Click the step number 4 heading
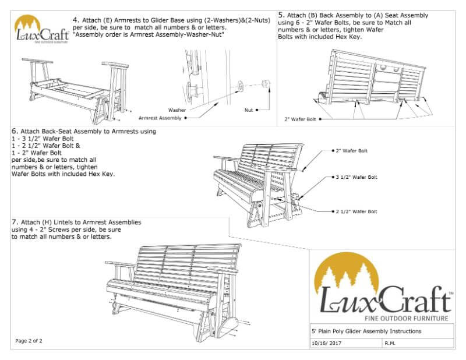76,20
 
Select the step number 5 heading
282,14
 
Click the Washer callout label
177,110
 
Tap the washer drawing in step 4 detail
239,89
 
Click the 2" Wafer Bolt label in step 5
300,119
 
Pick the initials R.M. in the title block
391,344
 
